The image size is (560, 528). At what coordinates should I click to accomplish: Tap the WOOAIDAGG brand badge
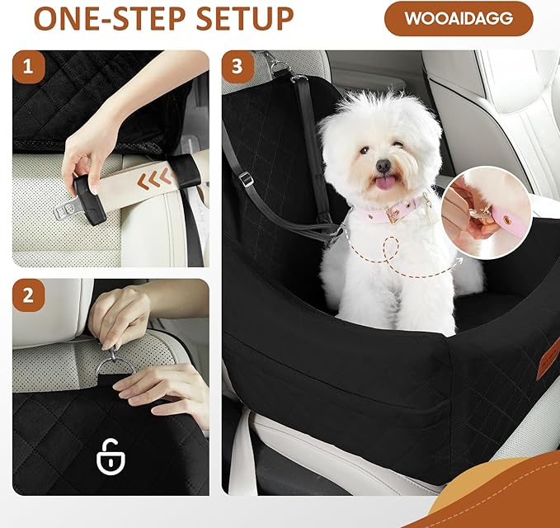pyautogui.click(x=459, y=18)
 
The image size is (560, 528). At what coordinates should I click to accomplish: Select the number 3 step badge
pyautogui.click(x=238, y=68)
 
